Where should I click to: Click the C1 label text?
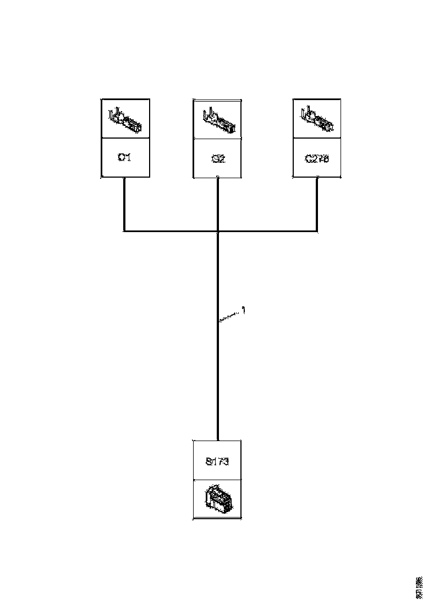coord(125,158)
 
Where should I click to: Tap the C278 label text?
coord(317,158)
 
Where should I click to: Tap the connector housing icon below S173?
coord(217,498)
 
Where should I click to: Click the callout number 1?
coord(244,311)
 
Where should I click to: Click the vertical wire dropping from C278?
coord(317,204)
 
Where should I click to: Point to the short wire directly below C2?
coord(218,204)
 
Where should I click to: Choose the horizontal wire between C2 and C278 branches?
coord(267,231)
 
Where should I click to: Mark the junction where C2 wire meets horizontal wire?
coord(218,231)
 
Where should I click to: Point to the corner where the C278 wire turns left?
coord(317,231)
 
